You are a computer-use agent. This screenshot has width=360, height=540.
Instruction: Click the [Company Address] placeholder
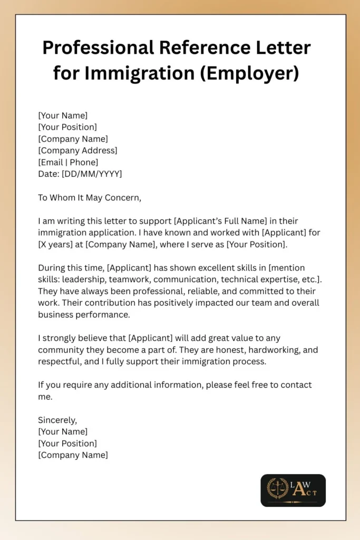pos(77,150)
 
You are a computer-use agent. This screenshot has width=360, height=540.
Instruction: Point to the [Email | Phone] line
pos(68,162)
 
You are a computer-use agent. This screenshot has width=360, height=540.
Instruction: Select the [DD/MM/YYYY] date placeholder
pos(92,173)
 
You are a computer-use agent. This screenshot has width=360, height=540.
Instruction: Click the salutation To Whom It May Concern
pos(90,198)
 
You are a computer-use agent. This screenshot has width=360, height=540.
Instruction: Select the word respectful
pos(60,361)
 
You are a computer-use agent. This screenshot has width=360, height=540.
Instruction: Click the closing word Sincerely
pos(57,420)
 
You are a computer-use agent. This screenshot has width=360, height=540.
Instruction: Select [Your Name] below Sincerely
pos(63,431)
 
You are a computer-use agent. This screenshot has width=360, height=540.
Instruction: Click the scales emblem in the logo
pos(277,488)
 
